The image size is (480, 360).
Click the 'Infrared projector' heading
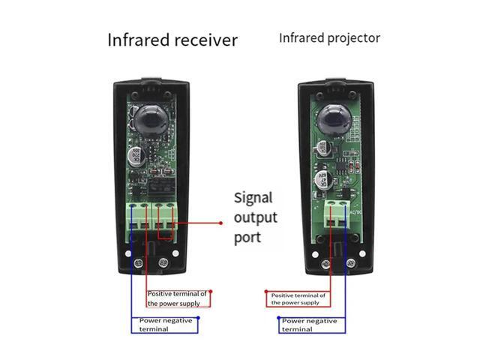tap(329, 37)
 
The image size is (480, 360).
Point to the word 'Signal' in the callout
tap(253, 199)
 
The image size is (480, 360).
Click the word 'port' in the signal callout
tap(248, 237)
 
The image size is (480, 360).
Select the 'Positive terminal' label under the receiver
tap(178, 298)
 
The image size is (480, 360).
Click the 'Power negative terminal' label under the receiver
tap(166, 324)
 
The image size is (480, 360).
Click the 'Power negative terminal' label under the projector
tap(309, 325)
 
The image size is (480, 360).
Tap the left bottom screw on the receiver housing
tap(139, 264)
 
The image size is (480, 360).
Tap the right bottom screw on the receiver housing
tap(165, 264)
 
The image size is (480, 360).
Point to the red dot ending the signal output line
tap(222, 223)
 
